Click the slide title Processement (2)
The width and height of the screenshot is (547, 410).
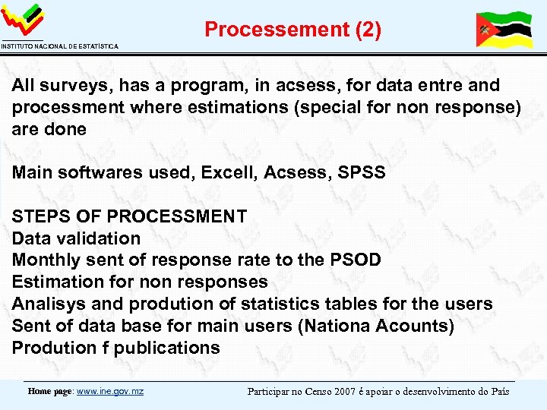pyautogui.click(x=292, y=30)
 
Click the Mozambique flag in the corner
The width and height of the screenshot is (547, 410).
pyautogui.click(x=503, y=30)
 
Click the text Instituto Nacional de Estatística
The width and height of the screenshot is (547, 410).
pyautogui.click(x=59, y=47)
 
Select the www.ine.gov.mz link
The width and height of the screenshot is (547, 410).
pyautogui.click(x=110, y=392)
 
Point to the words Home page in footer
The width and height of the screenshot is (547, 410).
pyautogui.click(x=50, y=392)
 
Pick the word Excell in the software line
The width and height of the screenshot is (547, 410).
pyautogui.click(x=229, y=173)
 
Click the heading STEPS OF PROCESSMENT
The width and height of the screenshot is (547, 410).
pyautogui.click(x=129, y=216)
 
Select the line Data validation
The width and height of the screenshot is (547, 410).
pyautogui.click(x=76, y=238)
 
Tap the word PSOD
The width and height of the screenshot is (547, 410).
pyautogui.click(x=356, y=260)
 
